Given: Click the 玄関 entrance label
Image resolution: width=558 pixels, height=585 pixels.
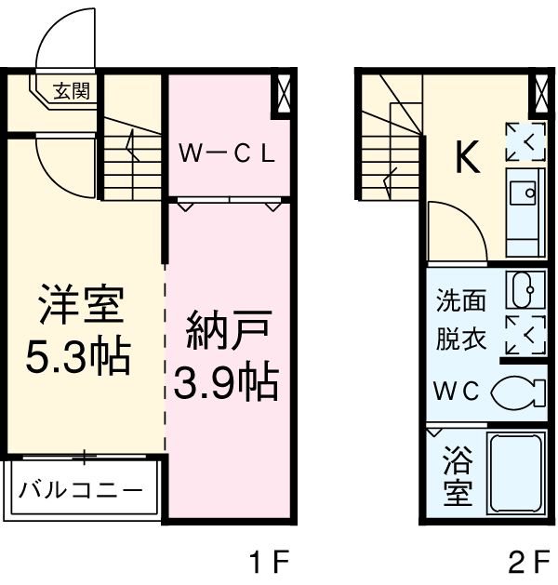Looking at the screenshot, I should coord(70,91).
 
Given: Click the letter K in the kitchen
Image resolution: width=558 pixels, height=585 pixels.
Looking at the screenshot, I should coord(467,160).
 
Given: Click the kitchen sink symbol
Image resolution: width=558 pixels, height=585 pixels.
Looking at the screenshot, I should coord(525,195).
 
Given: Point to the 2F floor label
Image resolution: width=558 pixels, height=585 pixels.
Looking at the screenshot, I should coord(528,562).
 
